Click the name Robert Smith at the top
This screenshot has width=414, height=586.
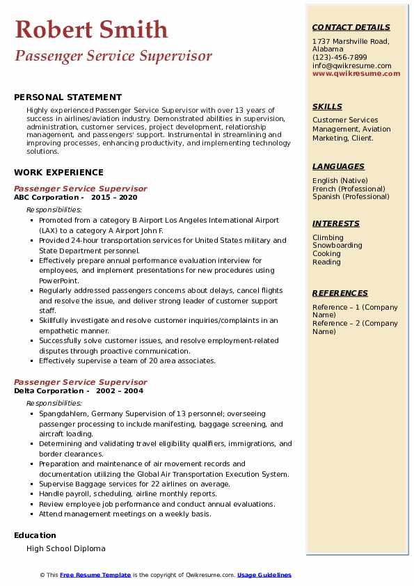coord(91,29)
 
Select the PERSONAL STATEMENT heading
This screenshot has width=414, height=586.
coord(67,97)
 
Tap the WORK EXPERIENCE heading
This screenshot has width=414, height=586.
coord(58,173)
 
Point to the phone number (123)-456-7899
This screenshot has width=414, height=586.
coord(340,58)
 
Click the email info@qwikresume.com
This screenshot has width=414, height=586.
coord(351,65)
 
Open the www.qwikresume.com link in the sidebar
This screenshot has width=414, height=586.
coord(356,73)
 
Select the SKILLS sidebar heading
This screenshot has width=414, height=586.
coord(327,106)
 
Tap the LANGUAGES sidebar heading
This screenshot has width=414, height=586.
coord(338,166)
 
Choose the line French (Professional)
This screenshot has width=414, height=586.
coord(349,189)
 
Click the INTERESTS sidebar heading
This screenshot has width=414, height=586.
coord(336,223)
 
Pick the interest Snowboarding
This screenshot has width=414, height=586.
coord(337,246)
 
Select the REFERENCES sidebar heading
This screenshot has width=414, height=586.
coord(339,293)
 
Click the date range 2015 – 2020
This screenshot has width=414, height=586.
coord(116,197)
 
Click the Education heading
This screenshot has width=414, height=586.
coord(35,535)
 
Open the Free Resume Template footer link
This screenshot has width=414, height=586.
coord(95,575)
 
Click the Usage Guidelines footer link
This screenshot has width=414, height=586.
coord(264,575)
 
